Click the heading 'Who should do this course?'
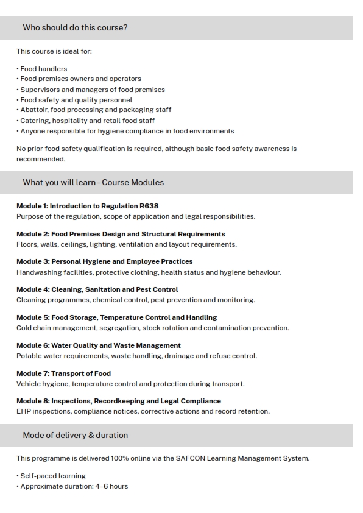pyautogui.click(x=75, y=28)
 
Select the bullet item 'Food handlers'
pyautogui.click(x=43, y=69)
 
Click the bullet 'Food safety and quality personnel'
pyautogui.click(x=76, y=100)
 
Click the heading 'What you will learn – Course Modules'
pyautogui.click(x=93, y=183)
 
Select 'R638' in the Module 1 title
pyautogui.click(x=149, y=206)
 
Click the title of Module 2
pyautogui.click(x=121, y=234)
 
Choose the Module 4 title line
pyautogui.click(x=97, y=289)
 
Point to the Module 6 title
pyautogui.click(x=98, y=345)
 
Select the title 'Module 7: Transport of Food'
pyautogui.click(x=63, y=373)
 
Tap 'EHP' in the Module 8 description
pyautogui.click(x=24, y=411)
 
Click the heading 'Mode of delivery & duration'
pyautogui.click(x=75, y=436)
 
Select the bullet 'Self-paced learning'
pyautogui.click(x=53, y=476)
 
